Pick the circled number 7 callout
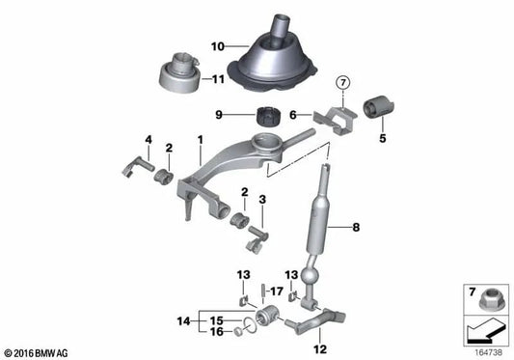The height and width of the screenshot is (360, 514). [345, 84]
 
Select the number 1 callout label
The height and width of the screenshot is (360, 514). [200, 141]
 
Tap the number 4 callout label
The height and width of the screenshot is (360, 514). [149, 141]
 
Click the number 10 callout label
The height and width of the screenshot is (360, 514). [217, 44]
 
